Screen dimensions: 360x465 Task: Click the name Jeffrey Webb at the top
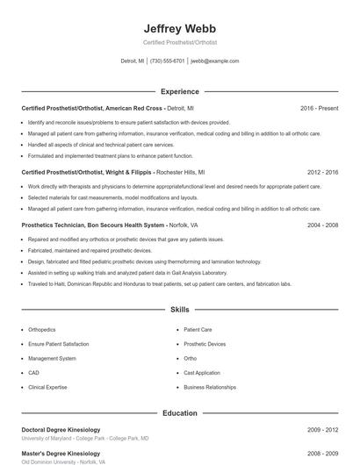[x=179, y=28]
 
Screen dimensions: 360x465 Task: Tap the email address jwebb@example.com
[x=214, y=61]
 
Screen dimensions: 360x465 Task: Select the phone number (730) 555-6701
[x=167, y=61]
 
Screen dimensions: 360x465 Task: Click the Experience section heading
[x=179, y=91]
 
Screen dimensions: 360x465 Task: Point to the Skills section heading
[x=179, y=310]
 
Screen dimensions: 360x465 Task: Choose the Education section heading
[x=179, y=412]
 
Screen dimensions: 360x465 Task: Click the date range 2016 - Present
[x=319, y=108]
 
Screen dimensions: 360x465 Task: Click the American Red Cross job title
[x=107, y=108]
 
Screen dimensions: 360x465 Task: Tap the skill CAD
[x=32, y=373]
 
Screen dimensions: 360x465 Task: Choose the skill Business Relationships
[x=210, y=387]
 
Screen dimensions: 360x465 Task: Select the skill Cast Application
[x=202, y=373]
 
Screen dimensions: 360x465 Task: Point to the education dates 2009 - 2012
[x=322, y=430]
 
